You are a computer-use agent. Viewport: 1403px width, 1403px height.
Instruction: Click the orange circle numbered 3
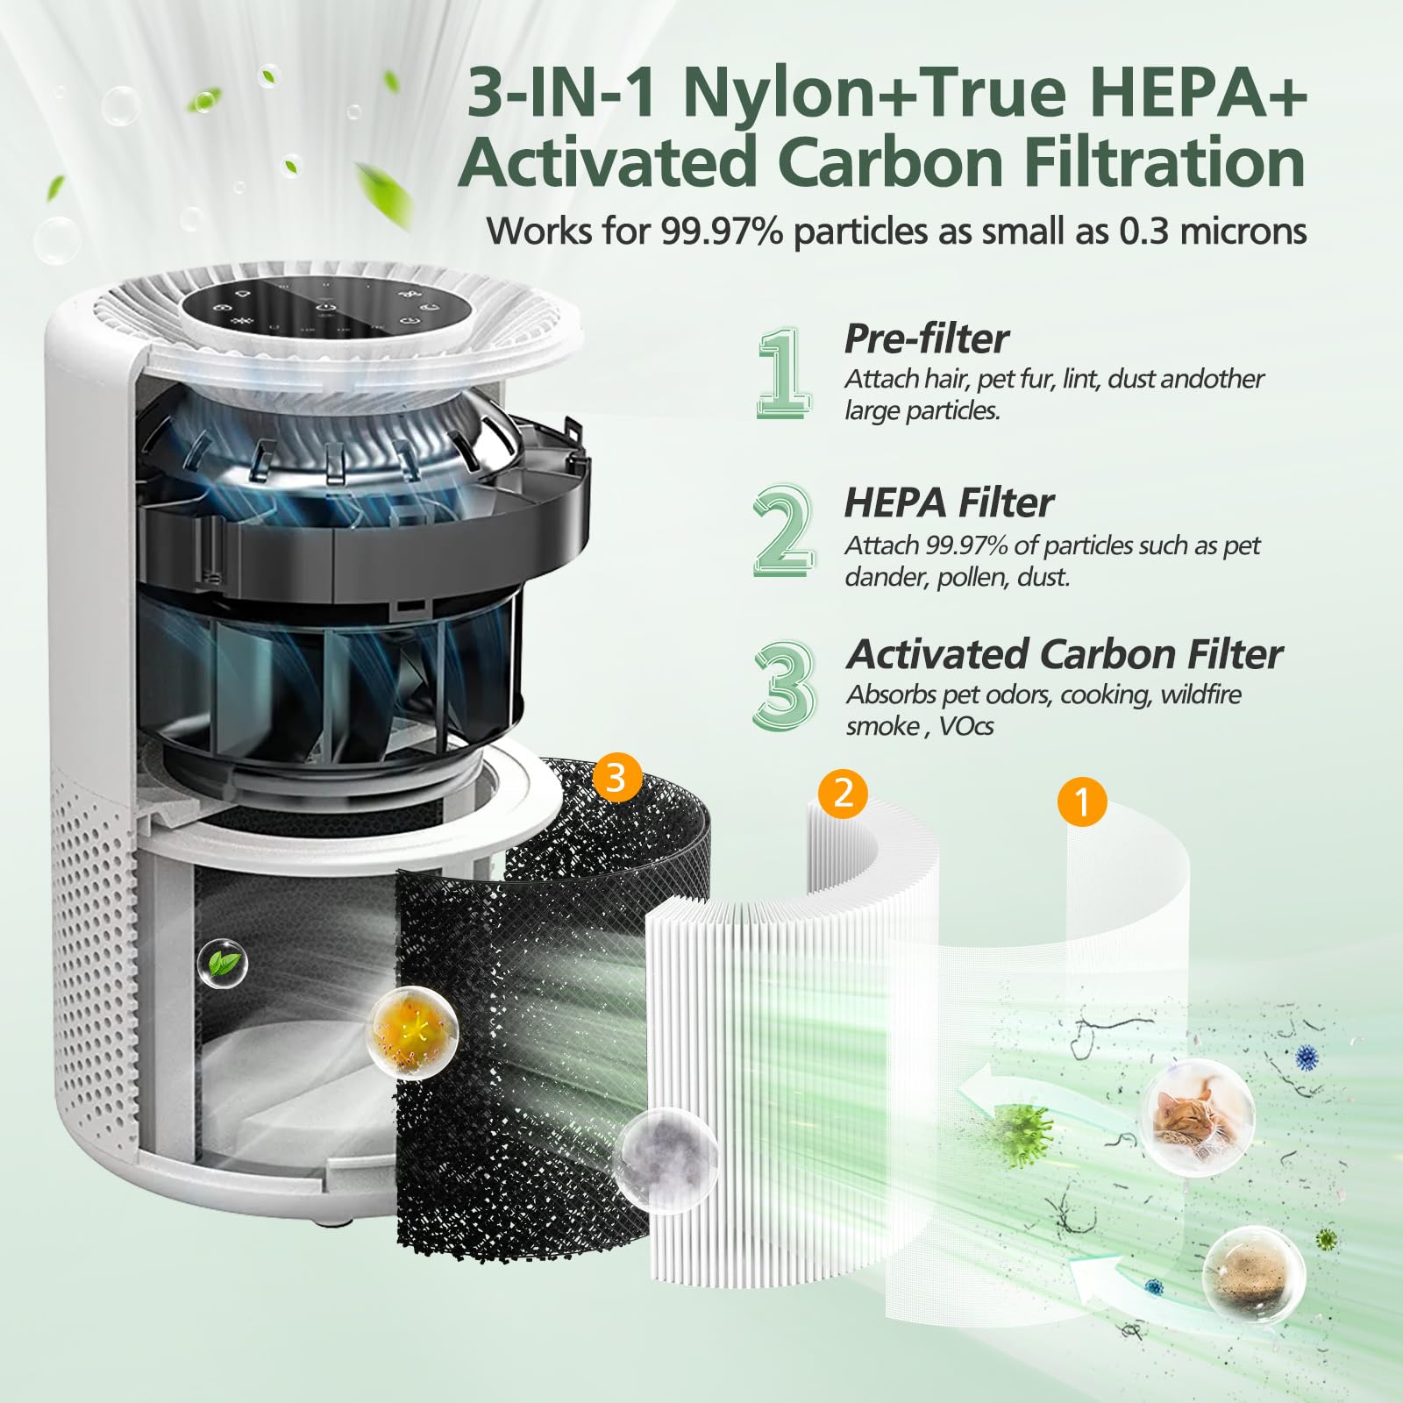tap(616, 777)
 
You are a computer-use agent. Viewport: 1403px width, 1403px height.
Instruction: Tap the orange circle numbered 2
tap(842, 793)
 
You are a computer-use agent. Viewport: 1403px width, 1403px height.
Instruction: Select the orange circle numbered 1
tap(1082, 801)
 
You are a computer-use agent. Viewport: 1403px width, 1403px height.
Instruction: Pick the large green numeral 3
tap(783, 685)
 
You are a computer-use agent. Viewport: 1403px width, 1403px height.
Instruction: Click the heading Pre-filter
tap(926, 338)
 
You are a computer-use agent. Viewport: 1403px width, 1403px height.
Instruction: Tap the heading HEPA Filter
tap(949, 503)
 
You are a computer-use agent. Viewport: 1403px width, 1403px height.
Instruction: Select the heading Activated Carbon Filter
tap(1064, 654)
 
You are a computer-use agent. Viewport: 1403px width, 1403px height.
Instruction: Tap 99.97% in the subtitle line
tap(721, 231)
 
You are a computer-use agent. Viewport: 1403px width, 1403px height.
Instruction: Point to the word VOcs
tap(966, 726)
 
